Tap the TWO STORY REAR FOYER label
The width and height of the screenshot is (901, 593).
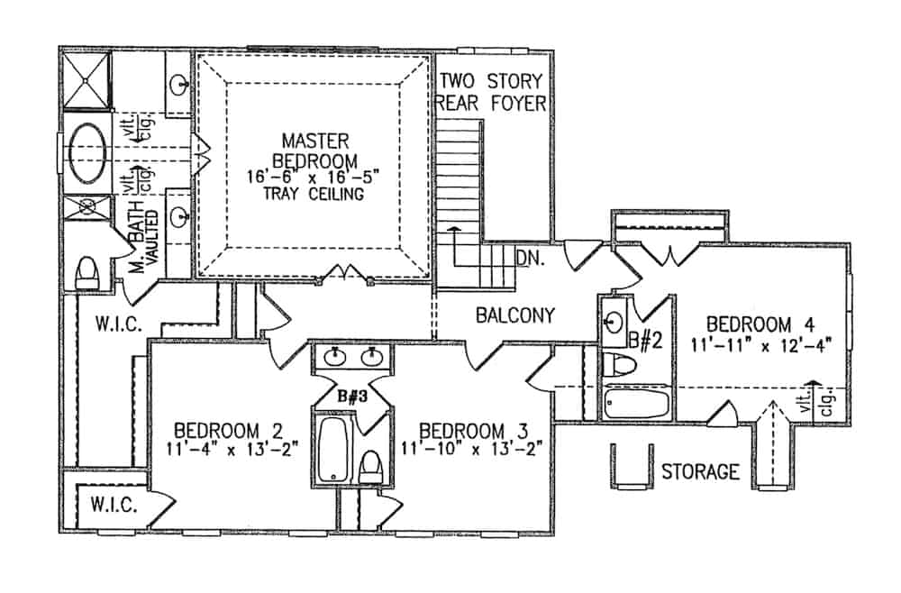point(492,92)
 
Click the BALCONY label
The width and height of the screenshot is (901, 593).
point(514,315)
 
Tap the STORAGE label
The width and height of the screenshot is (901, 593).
point(700,471)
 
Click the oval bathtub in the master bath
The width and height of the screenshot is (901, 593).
point(86,151)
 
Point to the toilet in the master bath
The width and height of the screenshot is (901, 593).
point(87,271)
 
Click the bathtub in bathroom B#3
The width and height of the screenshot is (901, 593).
point(332,449)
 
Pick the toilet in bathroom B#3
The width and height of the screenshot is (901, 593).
point(369,467)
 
